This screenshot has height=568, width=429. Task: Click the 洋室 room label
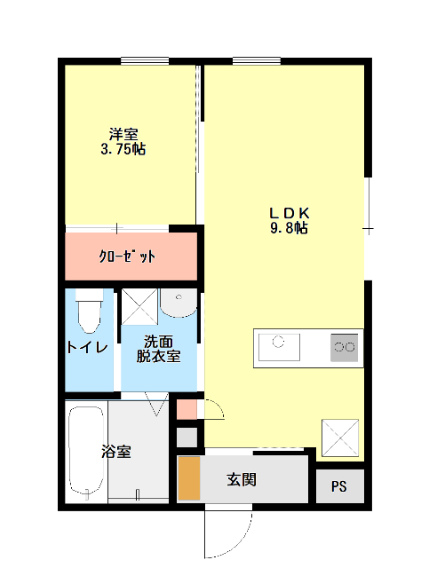pos(123,134)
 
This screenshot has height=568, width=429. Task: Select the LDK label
pos(289,213)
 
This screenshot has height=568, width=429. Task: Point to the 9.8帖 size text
pos(289,228)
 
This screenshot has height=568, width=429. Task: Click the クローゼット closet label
pos(126,256)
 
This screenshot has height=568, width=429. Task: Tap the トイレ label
pos(88,347)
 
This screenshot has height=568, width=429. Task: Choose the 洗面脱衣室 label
pos(158,349)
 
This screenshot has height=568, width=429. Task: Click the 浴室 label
pos(115,451)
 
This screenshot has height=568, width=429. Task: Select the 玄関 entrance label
pos(242,480)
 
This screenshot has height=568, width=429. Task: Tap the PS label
pos(339,486)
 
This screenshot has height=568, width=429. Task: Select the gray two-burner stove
pos(345,347)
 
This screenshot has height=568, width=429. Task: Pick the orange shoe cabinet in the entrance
pos(188,479)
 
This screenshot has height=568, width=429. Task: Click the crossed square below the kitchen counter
pos(339,438)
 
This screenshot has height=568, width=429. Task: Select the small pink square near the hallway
pos(187,410)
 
